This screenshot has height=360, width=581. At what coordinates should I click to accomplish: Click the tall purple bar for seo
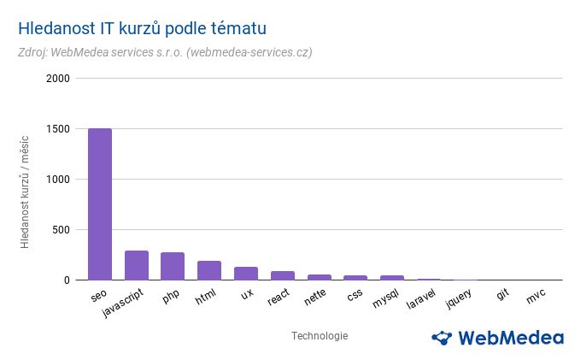pos(100,204)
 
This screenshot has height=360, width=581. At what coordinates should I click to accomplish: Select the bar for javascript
pos(137,265)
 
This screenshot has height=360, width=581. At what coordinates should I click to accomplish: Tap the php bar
pos(173,266)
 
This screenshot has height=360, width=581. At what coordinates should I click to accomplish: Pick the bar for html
pos(209,270)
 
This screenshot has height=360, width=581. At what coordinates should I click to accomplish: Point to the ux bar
pos(246,274)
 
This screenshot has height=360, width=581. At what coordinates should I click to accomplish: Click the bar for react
pos(283,275)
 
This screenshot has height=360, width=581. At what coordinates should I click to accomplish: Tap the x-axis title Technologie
pos(320,336)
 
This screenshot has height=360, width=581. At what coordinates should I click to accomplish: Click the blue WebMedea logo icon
pos(442,337)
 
